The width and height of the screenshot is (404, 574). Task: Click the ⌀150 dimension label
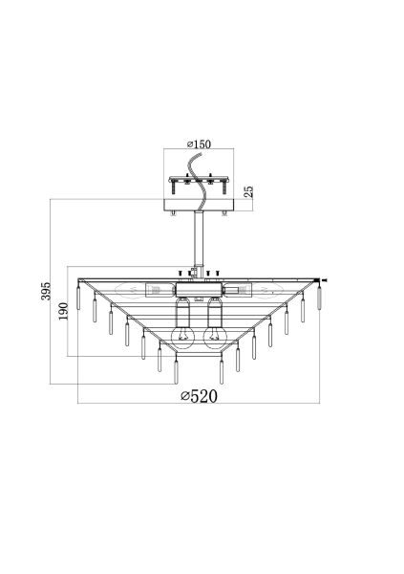pyautogui.click(x=199, y=143)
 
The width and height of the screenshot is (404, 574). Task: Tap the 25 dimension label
pyautogui.click(x=248, y=192)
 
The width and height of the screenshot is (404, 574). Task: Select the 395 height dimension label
pyautogui.click(x=46, y=291)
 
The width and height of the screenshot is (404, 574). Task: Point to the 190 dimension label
pyautogui.click(x=64, y=311)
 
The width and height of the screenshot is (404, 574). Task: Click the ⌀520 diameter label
pyautogui.click(x=200, y=396)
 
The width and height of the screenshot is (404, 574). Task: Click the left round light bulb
pyautogui.click(x=182, y=337)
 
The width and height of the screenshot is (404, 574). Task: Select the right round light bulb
pyautogui.click(x=215, y=337)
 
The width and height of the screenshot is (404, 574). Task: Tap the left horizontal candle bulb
pyautogui.click(x=130, y=291)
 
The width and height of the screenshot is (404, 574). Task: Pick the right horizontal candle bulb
pyautogui.click(x=267, y=291)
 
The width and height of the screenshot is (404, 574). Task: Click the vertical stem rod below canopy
pyautogui.click(x=199, y=238)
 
